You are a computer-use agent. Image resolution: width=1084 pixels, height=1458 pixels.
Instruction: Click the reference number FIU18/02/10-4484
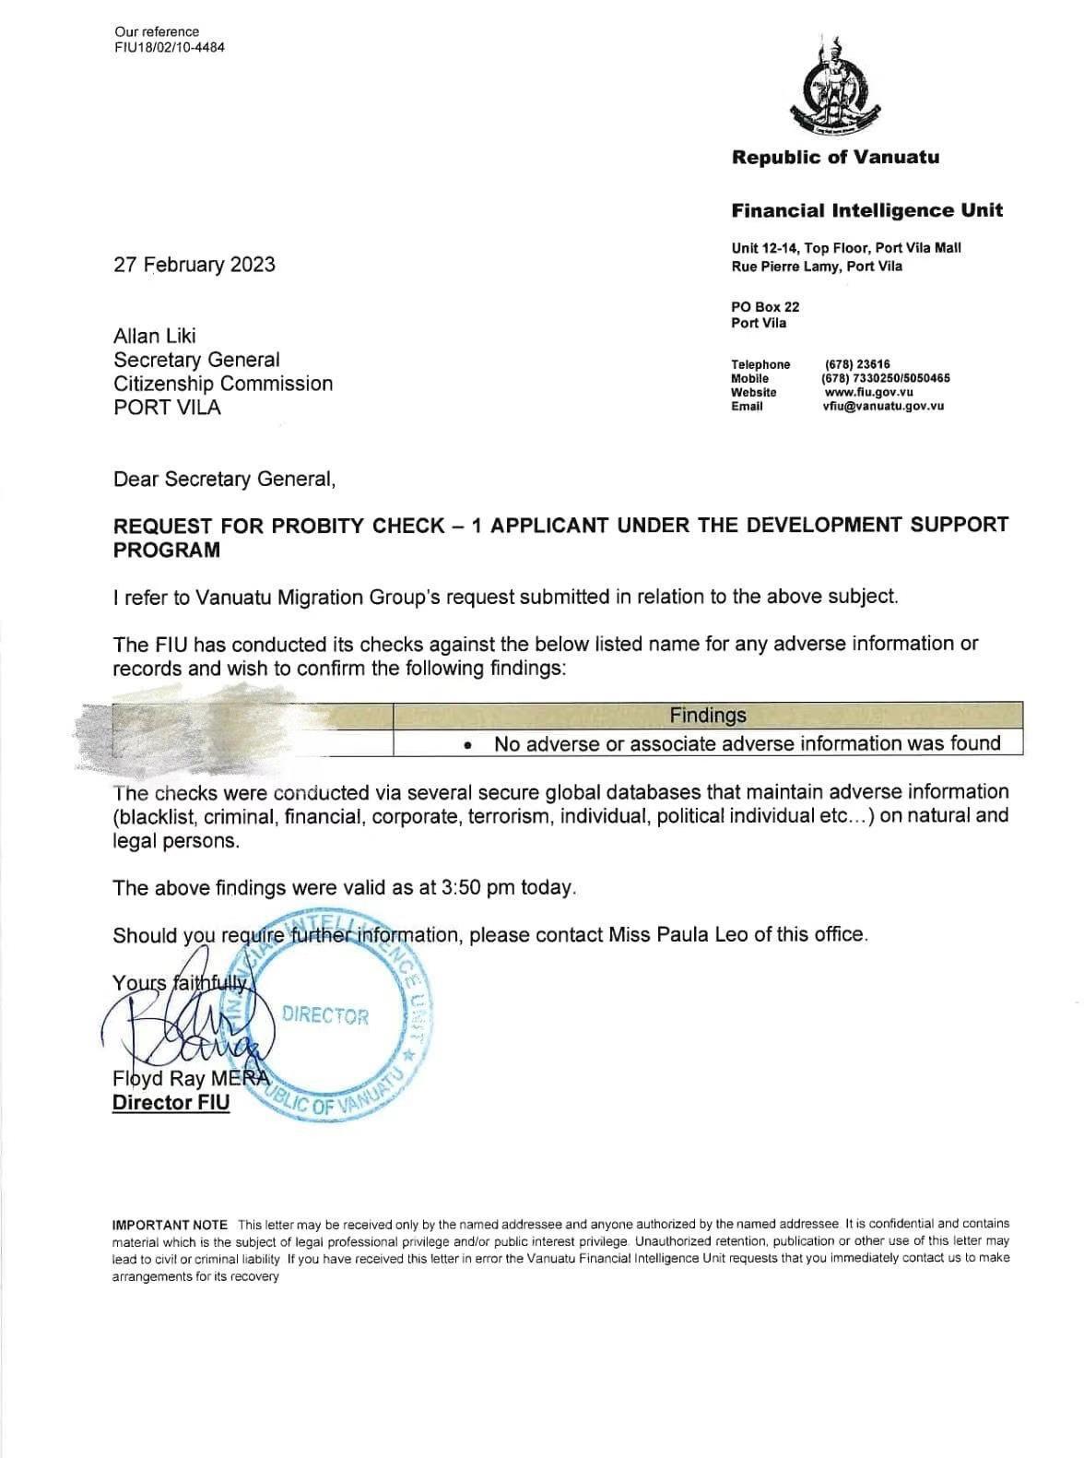tap(169, 47)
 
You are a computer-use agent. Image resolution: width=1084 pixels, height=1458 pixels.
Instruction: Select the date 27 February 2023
tap(194, 265)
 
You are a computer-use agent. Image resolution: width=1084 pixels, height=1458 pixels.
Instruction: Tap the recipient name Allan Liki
tap(155, 336)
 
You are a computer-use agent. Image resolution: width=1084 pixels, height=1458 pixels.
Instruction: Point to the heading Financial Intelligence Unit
tap(866, 210)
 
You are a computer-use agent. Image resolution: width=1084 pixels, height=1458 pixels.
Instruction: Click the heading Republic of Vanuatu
tap(835, 157)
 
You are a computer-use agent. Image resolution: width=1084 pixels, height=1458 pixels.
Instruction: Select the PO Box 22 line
tap(765, 307)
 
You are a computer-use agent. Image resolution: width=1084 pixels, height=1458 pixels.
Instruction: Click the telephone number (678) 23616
tap(857, 364)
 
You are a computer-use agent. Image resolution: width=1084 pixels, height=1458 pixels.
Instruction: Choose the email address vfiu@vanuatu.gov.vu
tap(883, 406)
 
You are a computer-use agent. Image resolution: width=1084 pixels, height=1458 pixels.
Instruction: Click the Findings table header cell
tap(708, 715)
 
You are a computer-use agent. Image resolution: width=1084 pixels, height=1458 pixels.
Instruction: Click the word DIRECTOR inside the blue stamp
tap(325, 1016)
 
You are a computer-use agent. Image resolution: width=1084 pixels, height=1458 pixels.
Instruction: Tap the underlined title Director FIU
tap(171, 1102)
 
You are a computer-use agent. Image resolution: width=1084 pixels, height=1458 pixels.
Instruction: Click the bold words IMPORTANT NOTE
tap(170, 1225)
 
